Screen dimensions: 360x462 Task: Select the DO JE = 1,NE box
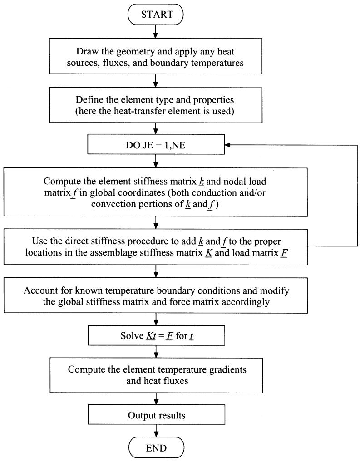156,144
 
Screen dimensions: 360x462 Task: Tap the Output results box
156,414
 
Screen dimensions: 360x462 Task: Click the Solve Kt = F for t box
156,335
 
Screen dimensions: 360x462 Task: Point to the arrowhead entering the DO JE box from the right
227,145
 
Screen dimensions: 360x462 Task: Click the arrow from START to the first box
156,31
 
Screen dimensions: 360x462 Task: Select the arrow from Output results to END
156,431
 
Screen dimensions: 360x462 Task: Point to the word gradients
227,370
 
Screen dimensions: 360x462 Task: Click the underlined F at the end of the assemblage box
284,253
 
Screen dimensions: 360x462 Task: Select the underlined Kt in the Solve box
151,336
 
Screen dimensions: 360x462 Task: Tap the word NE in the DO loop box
179,145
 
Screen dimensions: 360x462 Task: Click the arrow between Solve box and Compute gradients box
156,352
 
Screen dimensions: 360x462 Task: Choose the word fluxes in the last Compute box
174,381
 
